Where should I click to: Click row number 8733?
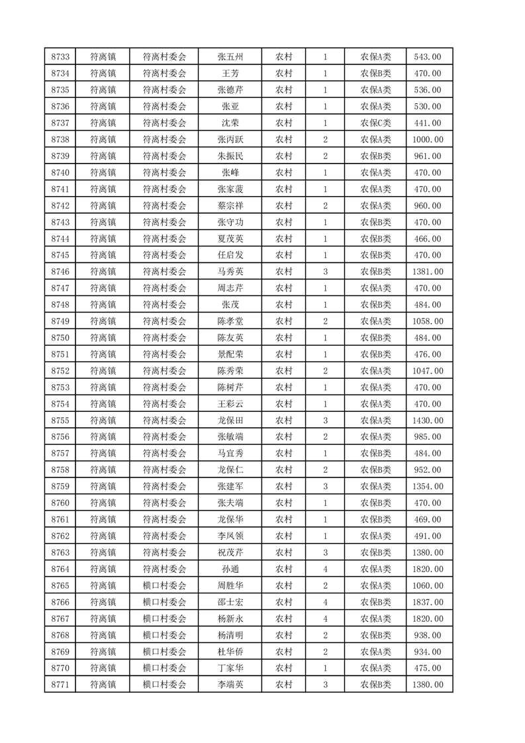click(x=60, y=56)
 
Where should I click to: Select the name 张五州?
click(x=230, y=56)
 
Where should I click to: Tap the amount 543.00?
click(x=428, y=56)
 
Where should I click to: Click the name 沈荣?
click(x=230, y=123)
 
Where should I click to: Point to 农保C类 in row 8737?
click(x=375, y=123)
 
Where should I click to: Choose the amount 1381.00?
click(x=428, y=272)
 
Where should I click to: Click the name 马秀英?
click(x=230, y=272)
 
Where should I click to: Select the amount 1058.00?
click(x=428, y=321)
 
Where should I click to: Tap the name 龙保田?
click(x=230, y=421)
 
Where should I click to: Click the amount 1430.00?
click(x=428, y=421)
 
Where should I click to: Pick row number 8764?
click(x=60, y=569)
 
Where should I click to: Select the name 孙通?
click(x=230, y=569)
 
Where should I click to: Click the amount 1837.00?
click(x=428, y=602)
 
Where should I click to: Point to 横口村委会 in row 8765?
click(x=165, y=585)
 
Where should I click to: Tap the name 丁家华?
click(x=230, y=668)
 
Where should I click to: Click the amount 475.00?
click(x=428, y=668)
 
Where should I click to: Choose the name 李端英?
click(x=230, y=685)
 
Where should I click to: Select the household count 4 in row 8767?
click(x=325, y=619)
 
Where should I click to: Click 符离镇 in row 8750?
click(x=103, y=338)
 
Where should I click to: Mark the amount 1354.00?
click(x=428, y=487)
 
